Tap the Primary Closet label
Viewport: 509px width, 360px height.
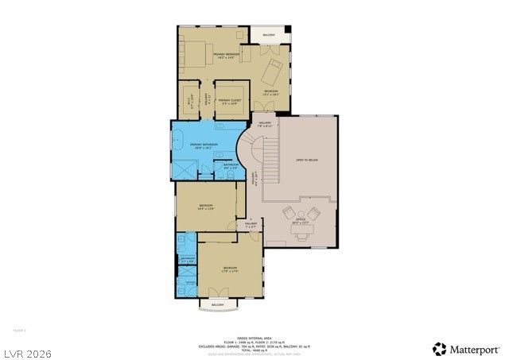[x=230, y=101]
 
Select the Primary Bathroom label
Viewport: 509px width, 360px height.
[x=204, y=145]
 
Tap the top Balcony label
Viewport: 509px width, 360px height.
[x=269, y=35]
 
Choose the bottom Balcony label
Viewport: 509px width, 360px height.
[x=217, y=305]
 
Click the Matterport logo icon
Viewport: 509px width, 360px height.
[x=439, y=348]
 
